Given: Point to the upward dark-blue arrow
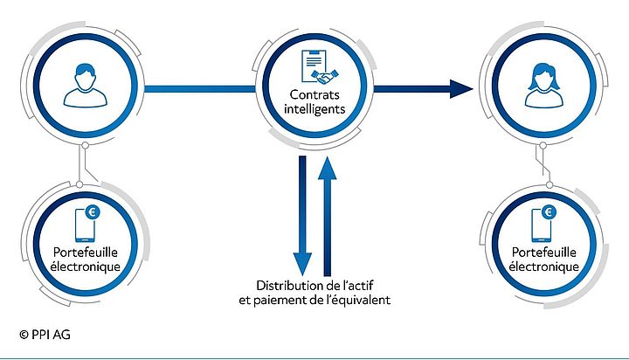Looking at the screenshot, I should tap(328, 210).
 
